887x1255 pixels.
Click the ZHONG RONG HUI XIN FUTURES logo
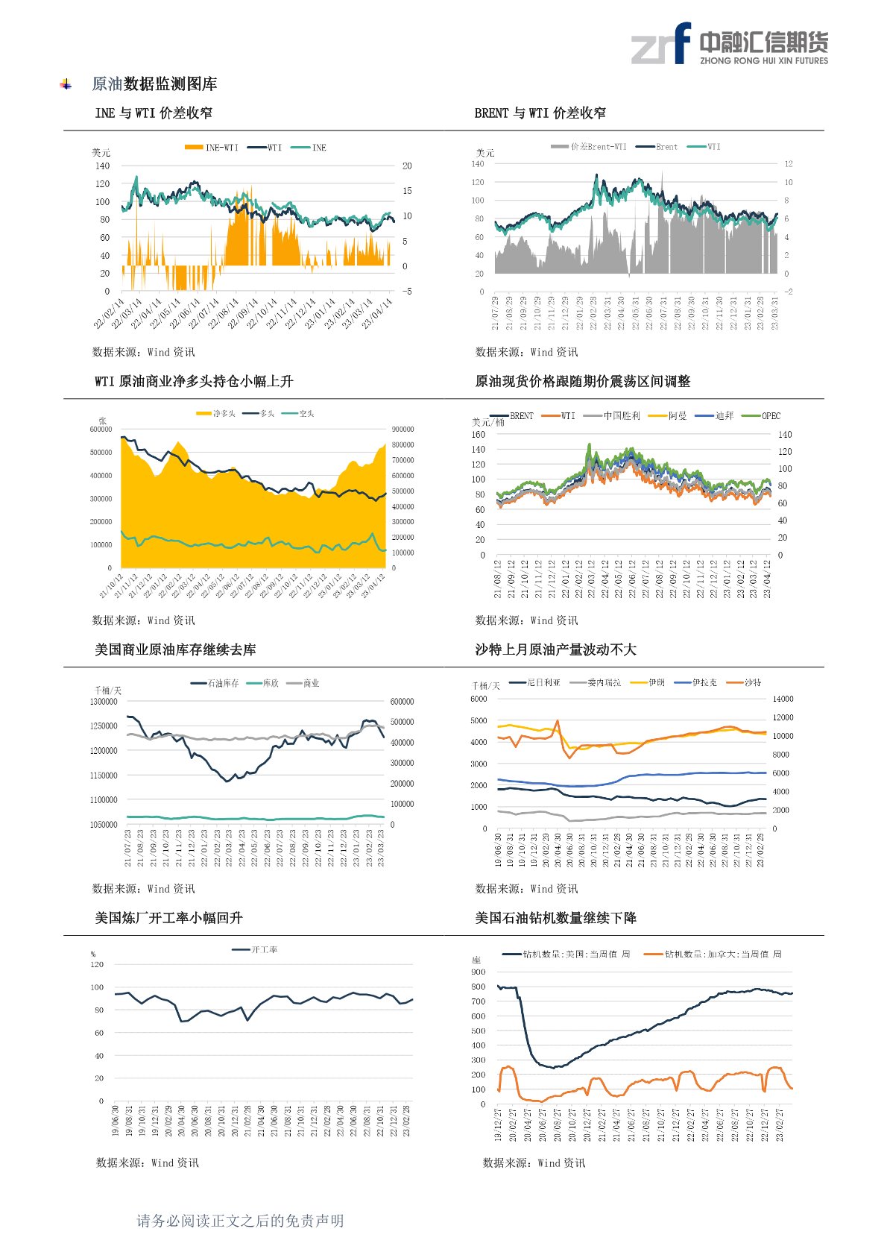tap(729, 44)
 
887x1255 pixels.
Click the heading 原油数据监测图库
tap(154, 84)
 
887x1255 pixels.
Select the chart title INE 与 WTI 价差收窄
tap(154, 113)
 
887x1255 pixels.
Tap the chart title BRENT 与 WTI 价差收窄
tap(540, 113)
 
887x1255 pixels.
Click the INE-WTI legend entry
tap(212, 148)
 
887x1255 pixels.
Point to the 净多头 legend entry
tap(216, 414)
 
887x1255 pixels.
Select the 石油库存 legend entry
tap(215, 684)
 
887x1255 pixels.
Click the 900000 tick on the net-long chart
tap(403, 430)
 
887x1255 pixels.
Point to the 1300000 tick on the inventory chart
tap(104, 702)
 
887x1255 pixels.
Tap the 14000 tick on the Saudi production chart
tap(783, 699)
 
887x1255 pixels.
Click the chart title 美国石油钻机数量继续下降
tap(555, 918)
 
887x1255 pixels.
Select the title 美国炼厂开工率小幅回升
tap(168, 918)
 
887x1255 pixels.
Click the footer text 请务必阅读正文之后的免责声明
tap(240, 1221)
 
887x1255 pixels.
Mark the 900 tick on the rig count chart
tap(478, 972)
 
